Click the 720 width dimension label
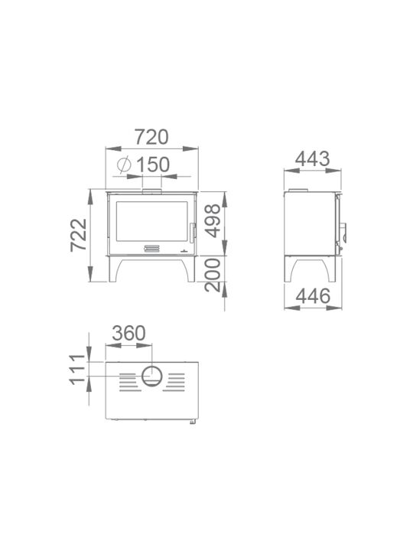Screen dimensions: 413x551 [151, 137]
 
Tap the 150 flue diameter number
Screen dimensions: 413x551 [153, 165]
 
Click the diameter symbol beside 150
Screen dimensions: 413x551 [124, 165]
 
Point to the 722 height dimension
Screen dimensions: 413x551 [78, 235]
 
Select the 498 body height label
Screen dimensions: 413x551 [213, 221]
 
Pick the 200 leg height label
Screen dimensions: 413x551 [213, 275]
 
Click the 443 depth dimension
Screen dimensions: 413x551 [313, 159]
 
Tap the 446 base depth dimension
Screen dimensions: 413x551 [313, 296]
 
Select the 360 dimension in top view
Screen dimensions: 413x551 [129, 333]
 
